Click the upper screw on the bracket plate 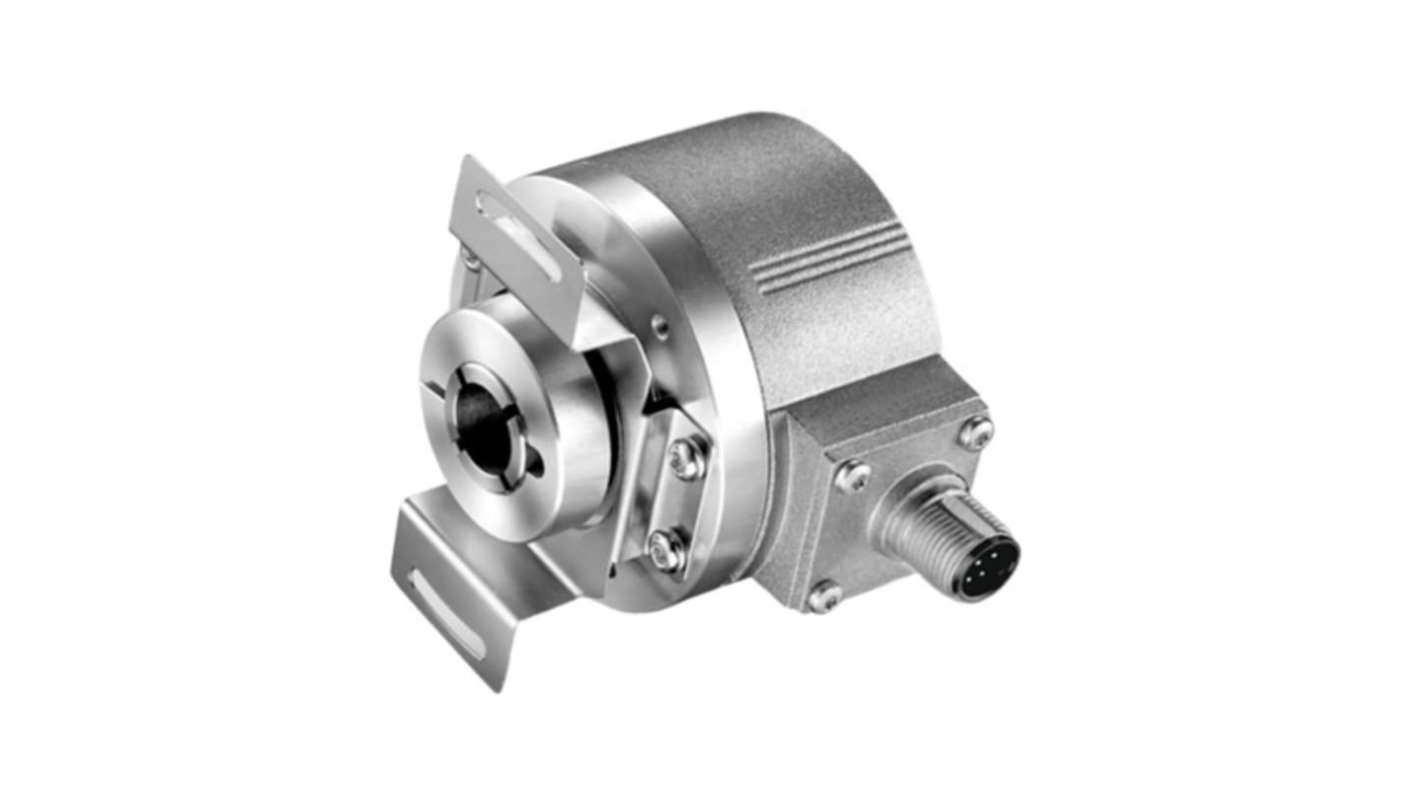coord(687,457)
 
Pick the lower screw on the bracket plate coord(667,549)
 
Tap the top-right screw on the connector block coord(975,432)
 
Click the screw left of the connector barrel coord(852,478)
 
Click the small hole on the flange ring coord(660,327)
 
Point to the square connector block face coord(889,494)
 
